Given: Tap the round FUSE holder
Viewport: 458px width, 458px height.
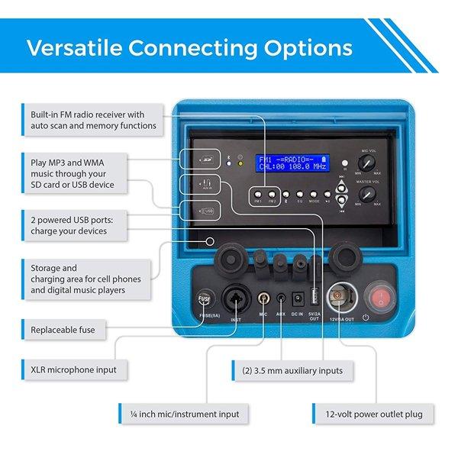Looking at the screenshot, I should tap(204, 299).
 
